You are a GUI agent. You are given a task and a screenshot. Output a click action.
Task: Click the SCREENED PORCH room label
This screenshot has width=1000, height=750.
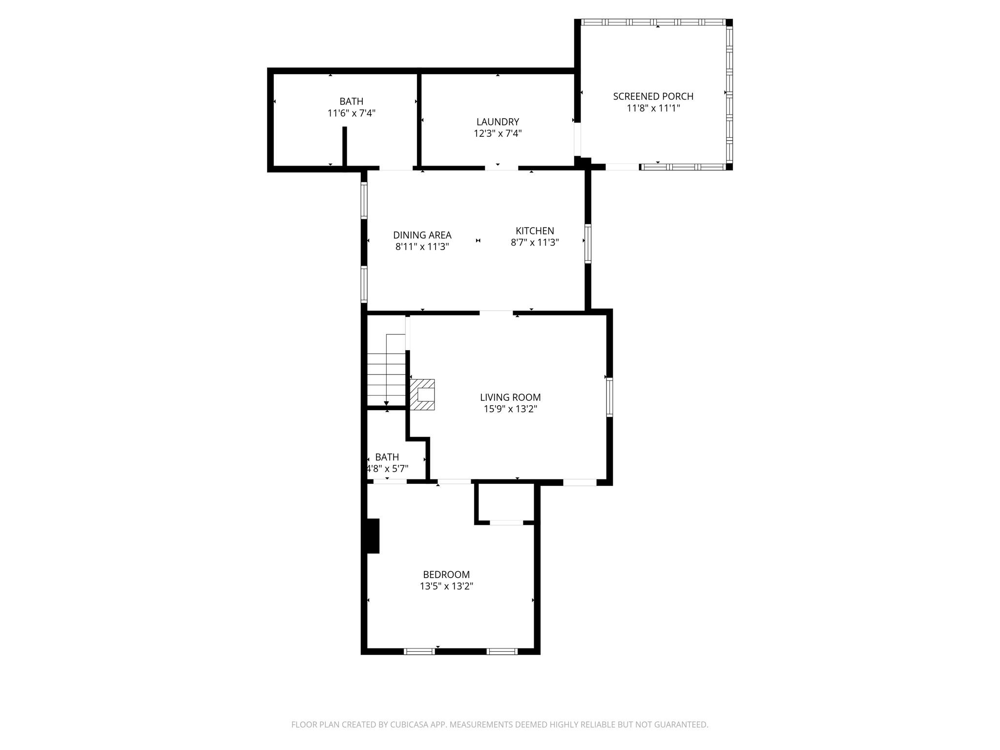tap(653, 96)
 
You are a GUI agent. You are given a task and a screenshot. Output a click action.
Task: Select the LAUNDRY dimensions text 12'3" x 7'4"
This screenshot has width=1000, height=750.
tap(498, 133)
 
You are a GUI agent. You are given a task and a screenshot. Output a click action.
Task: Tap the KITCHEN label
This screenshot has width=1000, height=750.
tap(535, 231)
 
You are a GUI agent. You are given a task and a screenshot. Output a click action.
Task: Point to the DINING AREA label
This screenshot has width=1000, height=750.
tap(422, 235)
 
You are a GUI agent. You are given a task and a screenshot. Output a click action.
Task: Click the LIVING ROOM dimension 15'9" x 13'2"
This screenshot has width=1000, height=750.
tap(510, 409)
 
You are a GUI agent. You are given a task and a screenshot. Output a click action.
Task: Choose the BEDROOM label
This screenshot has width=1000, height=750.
tap(446, 575)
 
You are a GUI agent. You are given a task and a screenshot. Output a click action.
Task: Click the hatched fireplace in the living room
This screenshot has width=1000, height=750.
tap(422, 395)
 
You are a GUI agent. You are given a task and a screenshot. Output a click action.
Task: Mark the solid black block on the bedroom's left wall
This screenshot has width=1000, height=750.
tap(373, 536)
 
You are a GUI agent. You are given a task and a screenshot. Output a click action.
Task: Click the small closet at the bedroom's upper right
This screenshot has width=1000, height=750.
tap(506, 503)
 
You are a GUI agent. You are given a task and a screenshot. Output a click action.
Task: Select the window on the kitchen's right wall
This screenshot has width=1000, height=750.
tap(588, 244)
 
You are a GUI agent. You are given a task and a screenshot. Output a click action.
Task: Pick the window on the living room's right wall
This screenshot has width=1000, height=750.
tap(610, 396)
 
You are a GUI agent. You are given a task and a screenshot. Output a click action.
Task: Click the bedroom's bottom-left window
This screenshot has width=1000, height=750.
tap(419, 651)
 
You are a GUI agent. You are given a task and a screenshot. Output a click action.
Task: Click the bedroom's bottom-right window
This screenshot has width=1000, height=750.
tap(502, 651)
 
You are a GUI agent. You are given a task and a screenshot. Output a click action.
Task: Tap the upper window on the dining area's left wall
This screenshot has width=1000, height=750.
tap(364, 200)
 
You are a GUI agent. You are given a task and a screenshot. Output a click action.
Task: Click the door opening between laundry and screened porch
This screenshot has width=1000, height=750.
tap(577, 139)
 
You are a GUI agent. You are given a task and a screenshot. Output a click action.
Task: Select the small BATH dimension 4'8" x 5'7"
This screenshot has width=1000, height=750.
tap(387, 469)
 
